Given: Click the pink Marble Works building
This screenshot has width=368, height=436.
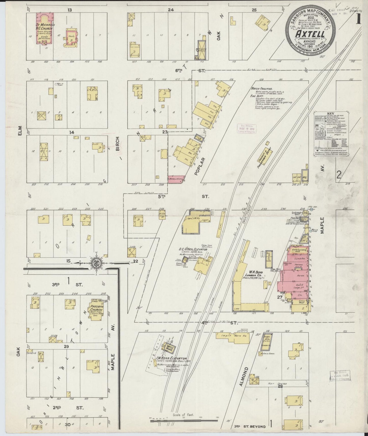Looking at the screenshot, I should click(x=176, y=179).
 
